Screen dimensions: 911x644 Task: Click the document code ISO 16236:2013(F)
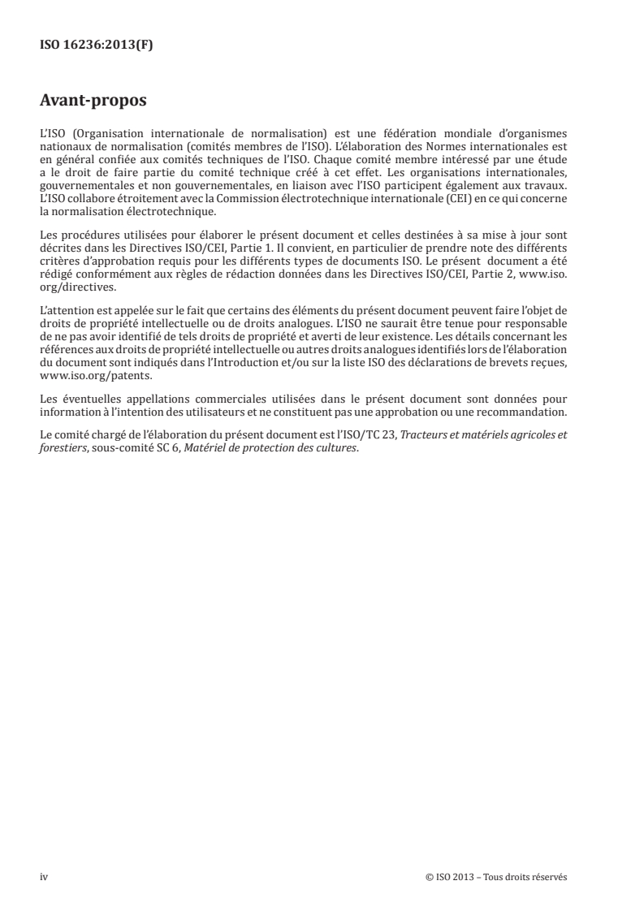(97, 45)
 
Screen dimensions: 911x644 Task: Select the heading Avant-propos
(93, 102)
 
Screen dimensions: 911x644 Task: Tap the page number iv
(45, 877)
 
